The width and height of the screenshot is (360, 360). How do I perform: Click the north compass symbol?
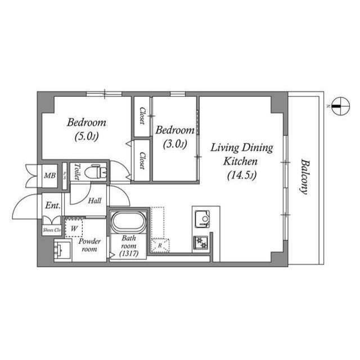341,106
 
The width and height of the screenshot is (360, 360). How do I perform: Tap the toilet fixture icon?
96,172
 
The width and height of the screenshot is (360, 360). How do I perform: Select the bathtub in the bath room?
128,222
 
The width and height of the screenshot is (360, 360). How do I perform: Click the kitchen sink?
202,219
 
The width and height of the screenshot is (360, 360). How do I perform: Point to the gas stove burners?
201,242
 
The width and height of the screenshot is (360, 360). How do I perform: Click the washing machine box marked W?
74,228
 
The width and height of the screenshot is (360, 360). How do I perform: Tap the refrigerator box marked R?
160,245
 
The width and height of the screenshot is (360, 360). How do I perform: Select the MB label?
50,175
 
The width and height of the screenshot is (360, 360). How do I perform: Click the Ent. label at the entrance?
53,205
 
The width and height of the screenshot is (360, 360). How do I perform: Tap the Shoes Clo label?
52,230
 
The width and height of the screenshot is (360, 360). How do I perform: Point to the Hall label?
94,201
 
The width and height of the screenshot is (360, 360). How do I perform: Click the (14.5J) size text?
242,175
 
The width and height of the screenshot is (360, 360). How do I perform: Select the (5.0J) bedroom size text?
87,137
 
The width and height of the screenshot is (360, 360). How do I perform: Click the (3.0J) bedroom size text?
175,144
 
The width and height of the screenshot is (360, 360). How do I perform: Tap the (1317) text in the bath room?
129,254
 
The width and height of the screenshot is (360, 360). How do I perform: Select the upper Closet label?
142,116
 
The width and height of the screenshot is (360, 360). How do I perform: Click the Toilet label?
77,172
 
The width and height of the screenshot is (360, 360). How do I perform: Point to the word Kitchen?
240,161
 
